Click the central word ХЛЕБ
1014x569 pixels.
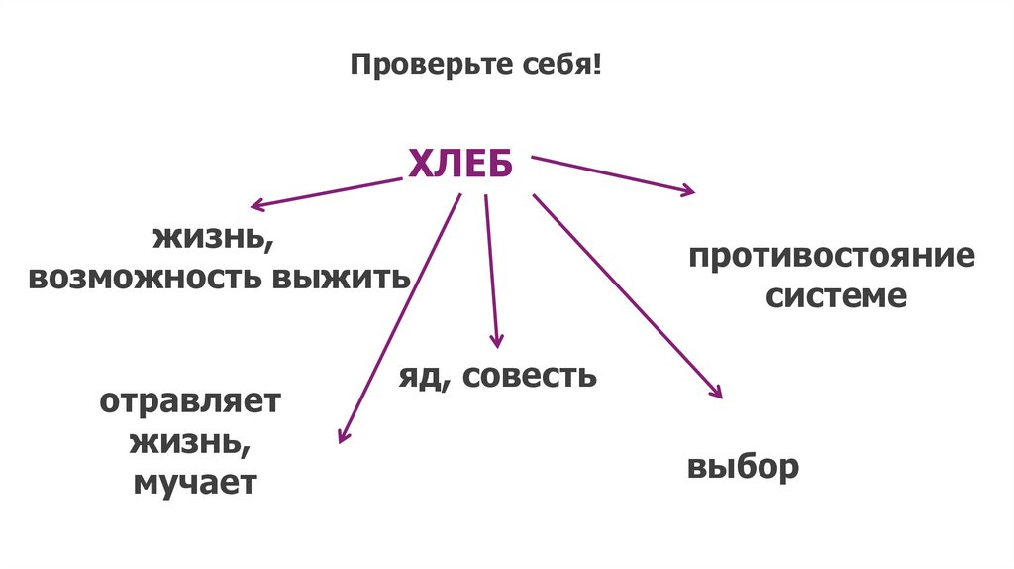pyautogui.click(x=460, y=164)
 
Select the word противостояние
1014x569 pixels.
pyautogui.click(x=833, y=258)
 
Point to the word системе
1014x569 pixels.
pyautogui.click(x=835, y=296)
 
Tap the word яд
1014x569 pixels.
pyautogui.click(x=422, y=377)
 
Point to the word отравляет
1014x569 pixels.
pyautogui.click(x=190, y=404)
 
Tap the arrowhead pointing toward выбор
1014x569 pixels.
pyautogui.click(x=717, y=393)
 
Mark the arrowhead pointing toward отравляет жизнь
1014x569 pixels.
pyautogui.click(x=343, y=435)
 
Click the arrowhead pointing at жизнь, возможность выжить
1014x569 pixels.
pyautogui.click(x=256, y=206)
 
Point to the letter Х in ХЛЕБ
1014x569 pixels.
pyautogui.click(x=419, y=164)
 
